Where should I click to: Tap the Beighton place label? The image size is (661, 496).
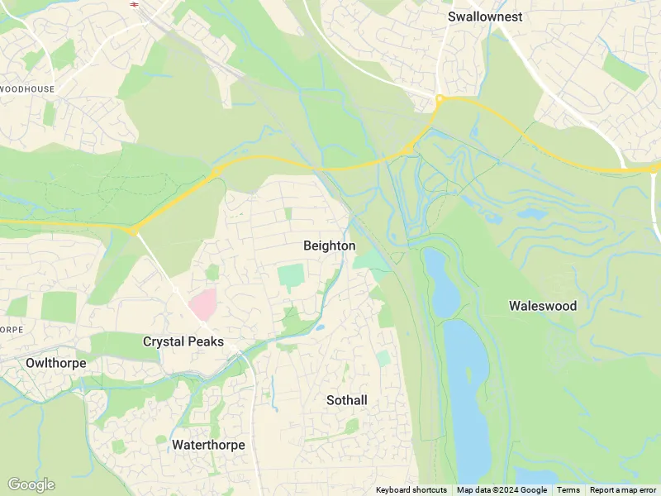[329, 246]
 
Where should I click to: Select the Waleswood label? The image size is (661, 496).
[542, 306]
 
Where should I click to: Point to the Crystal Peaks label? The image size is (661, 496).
[183, 341]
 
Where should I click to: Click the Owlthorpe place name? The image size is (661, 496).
[55, 363]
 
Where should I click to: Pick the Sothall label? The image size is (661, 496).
[346, 400]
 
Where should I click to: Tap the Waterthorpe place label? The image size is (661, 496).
[208, 445]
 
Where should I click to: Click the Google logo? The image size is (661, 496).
[31, 484]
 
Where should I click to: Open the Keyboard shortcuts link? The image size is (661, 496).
[411, 490]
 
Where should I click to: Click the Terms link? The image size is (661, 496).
[568, 490]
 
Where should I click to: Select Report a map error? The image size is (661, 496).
[623, 490]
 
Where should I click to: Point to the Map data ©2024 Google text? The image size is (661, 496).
[502, 490]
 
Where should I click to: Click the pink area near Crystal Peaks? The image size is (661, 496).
[203, 304]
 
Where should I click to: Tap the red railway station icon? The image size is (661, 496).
[133, 2]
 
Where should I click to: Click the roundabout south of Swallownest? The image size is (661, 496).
[440, 100]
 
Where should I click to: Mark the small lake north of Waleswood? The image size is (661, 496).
[530, 213]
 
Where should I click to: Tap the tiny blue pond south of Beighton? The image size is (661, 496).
[319, 328]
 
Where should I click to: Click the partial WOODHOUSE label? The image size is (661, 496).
[27, 89]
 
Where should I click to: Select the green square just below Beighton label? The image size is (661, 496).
[290, 275]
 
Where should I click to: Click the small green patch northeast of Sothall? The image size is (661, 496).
[383, 359]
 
